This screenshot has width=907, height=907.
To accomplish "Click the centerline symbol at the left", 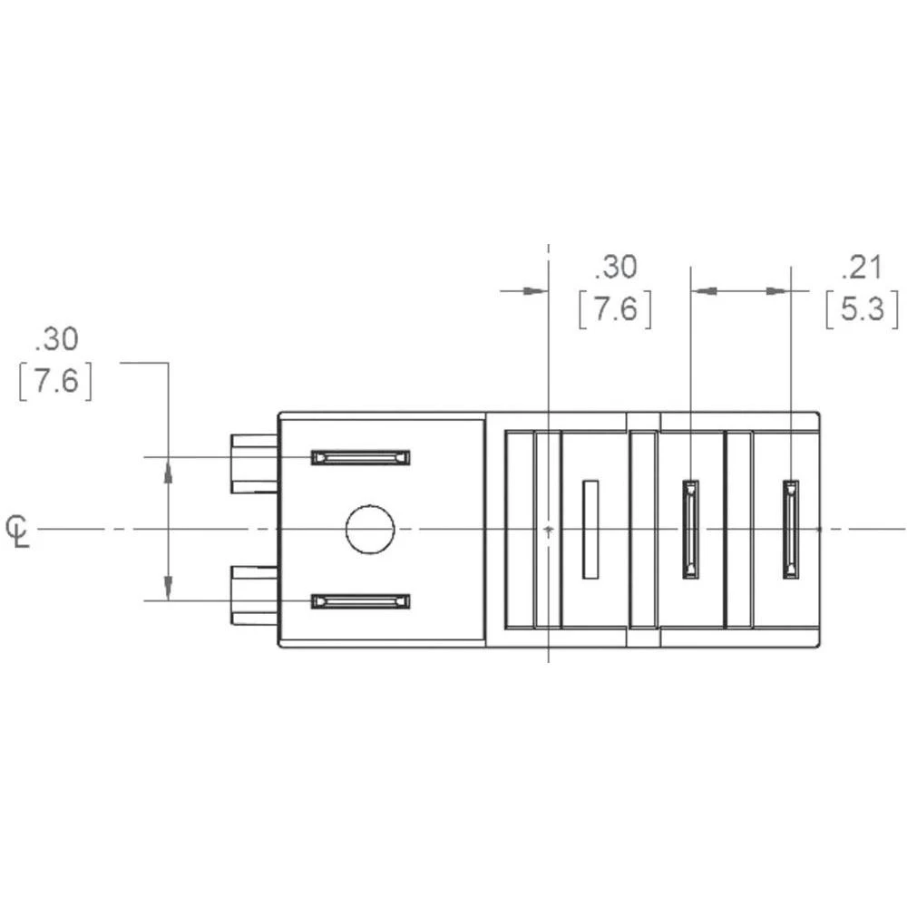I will pyautogui.click(x=17, y=530).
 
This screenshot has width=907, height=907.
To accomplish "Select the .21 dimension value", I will pyautogui.click(x=862, y=268).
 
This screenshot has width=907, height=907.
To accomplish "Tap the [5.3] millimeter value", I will pyautogui.click(x=862, y=310).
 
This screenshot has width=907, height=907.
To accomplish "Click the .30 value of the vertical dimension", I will pyautogui.click(x=56, y=339).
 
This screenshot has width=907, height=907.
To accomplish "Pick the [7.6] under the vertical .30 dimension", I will pyautogui.click(x=56, y=382).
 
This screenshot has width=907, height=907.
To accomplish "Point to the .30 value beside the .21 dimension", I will pyautogui.click(x=616, y=268).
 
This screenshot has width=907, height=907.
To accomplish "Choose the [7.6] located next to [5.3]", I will pyautogui.click(x=616, y=310).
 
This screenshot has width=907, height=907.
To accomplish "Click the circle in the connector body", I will pyautogui.click(x=370, y=529).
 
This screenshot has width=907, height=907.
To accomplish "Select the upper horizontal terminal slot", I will pyautogui.click(x=360, y=457).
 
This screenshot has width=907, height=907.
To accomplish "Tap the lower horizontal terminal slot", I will pyautogui.click(x=360, y=601).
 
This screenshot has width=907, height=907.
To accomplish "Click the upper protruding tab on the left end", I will pyautogui.click(x=254, y=463).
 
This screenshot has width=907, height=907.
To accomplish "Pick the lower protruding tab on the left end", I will pyautogui.click(x=254, y=595).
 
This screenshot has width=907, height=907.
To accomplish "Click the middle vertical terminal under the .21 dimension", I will pyautogui.click(x=691, y=529).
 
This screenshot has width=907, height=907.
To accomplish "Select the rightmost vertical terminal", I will pyautogui.click(x=792, y=529).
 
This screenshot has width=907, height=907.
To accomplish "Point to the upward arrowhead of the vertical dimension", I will pyautogui.click(x=168, y=471).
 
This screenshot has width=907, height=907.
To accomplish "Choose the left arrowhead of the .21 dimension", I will pyautogui.click(x=706, y=290).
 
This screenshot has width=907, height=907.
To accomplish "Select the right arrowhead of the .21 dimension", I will pyautogui.click(x=777, y=290).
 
